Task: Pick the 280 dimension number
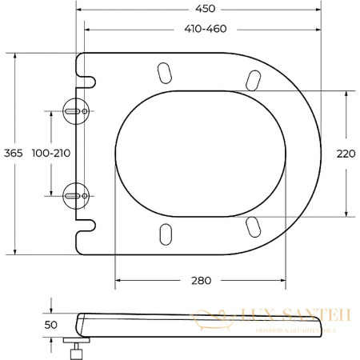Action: click(x=202, y=281)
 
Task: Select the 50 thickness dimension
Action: click(x=51, y=325)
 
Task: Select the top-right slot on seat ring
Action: click(x=252, y=80)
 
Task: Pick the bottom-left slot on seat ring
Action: click(x=166, y=233)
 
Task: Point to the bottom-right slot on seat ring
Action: click(x=252, y=226)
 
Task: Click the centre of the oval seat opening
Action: click(x=202, y=153)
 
